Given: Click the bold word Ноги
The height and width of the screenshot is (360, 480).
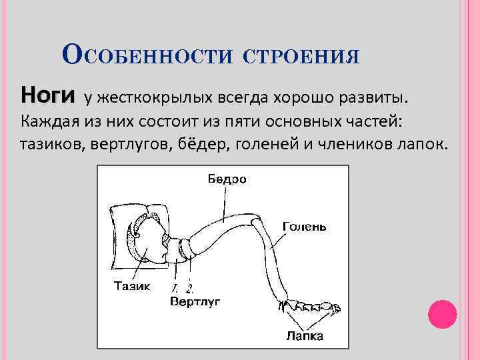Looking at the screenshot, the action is point(47,95).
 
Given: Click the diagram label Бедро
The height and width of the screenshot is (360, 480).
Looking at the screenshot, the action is point(225,178).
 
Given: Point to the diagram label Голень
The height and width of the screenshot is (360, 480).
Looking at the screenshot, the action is point(304,226).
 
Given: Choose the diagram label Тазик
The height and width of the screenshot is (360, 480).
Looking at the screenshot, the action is point(132,287).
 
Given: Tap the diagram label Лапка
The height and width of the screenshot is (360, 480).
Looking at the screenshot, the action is point(305,336).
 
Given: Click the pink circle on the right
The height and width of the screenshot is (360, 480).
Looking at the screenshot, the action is point(441,314).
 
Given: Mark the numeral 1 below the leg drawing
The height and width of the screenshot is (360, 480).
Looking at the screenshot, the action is point(174,289).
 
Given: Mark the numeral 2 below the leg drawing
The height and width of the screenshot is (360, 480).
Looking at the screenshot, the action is point(189,289).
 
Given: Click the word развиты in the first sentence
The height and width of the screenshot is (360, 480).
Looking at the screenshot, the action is point(374,99).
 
